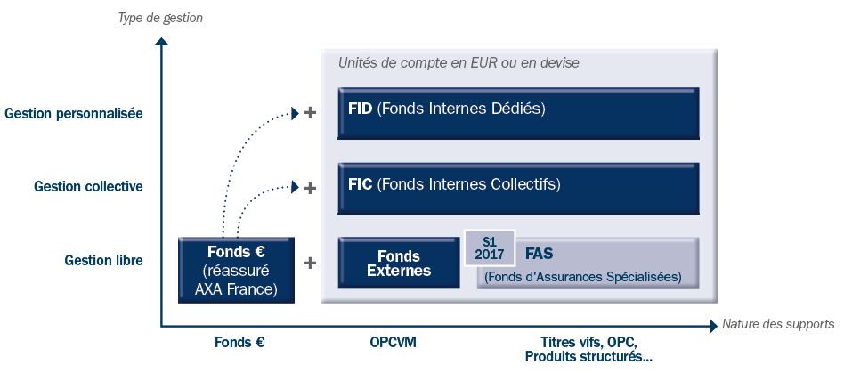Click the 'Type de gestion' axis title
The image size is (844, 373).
click(161, 18)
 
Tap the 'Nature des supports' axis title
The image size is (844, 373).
click(777, 324)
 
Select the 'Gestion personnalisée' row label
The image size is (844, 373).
click(73, 114)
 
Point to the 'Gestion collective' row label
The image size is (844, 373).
click(88, 187)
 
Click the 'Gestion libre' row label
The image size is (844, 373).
click(103, 261)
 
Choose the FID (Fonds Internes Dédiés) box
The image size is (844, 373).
click(518, 114)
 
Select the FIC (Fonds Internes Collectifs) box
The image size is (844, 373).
click(518, 188)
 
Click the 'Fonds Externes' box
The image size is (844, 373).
click(398, 264)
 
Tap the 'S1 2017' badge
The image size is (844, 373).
click(490, 247)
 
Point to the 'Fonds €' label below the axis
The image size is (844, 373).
click(239, 342)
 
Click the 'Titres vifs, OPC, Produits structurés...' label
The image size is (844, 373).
click(588, 350)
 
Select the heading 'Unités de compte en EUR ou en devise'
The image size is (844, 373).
click(459, 64)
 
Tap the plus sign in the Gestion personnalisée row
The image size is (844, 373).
click(310, 114)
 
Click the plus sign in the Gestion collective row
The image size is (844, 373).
click(310, 188)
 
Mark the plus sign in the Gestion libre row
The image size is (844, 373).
click(310, 263)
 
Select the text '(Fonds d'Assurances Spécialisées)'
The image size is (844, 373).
click(582, 277)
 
